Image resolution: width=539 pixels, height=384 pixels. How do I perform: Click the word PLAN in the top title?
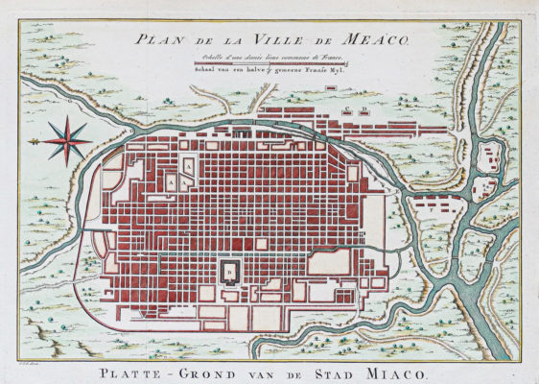click(155, 40)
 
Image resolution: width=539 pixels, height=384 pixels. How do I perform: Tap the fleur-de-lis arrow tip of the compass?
click(32, 141)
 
